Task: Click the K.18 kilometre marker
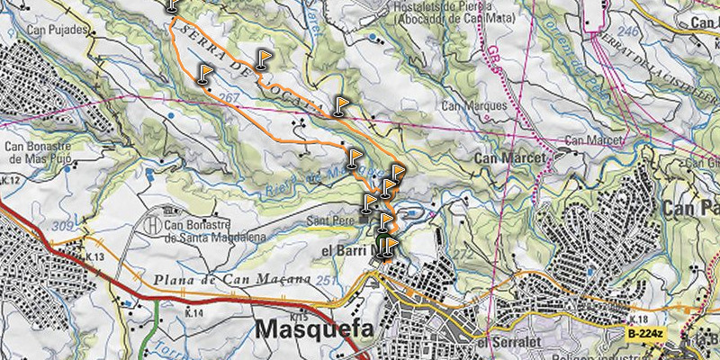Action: click(640, 319)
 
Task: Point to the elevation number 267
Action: click(229, 96)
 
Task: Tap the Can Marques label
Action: click(474, 104)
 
